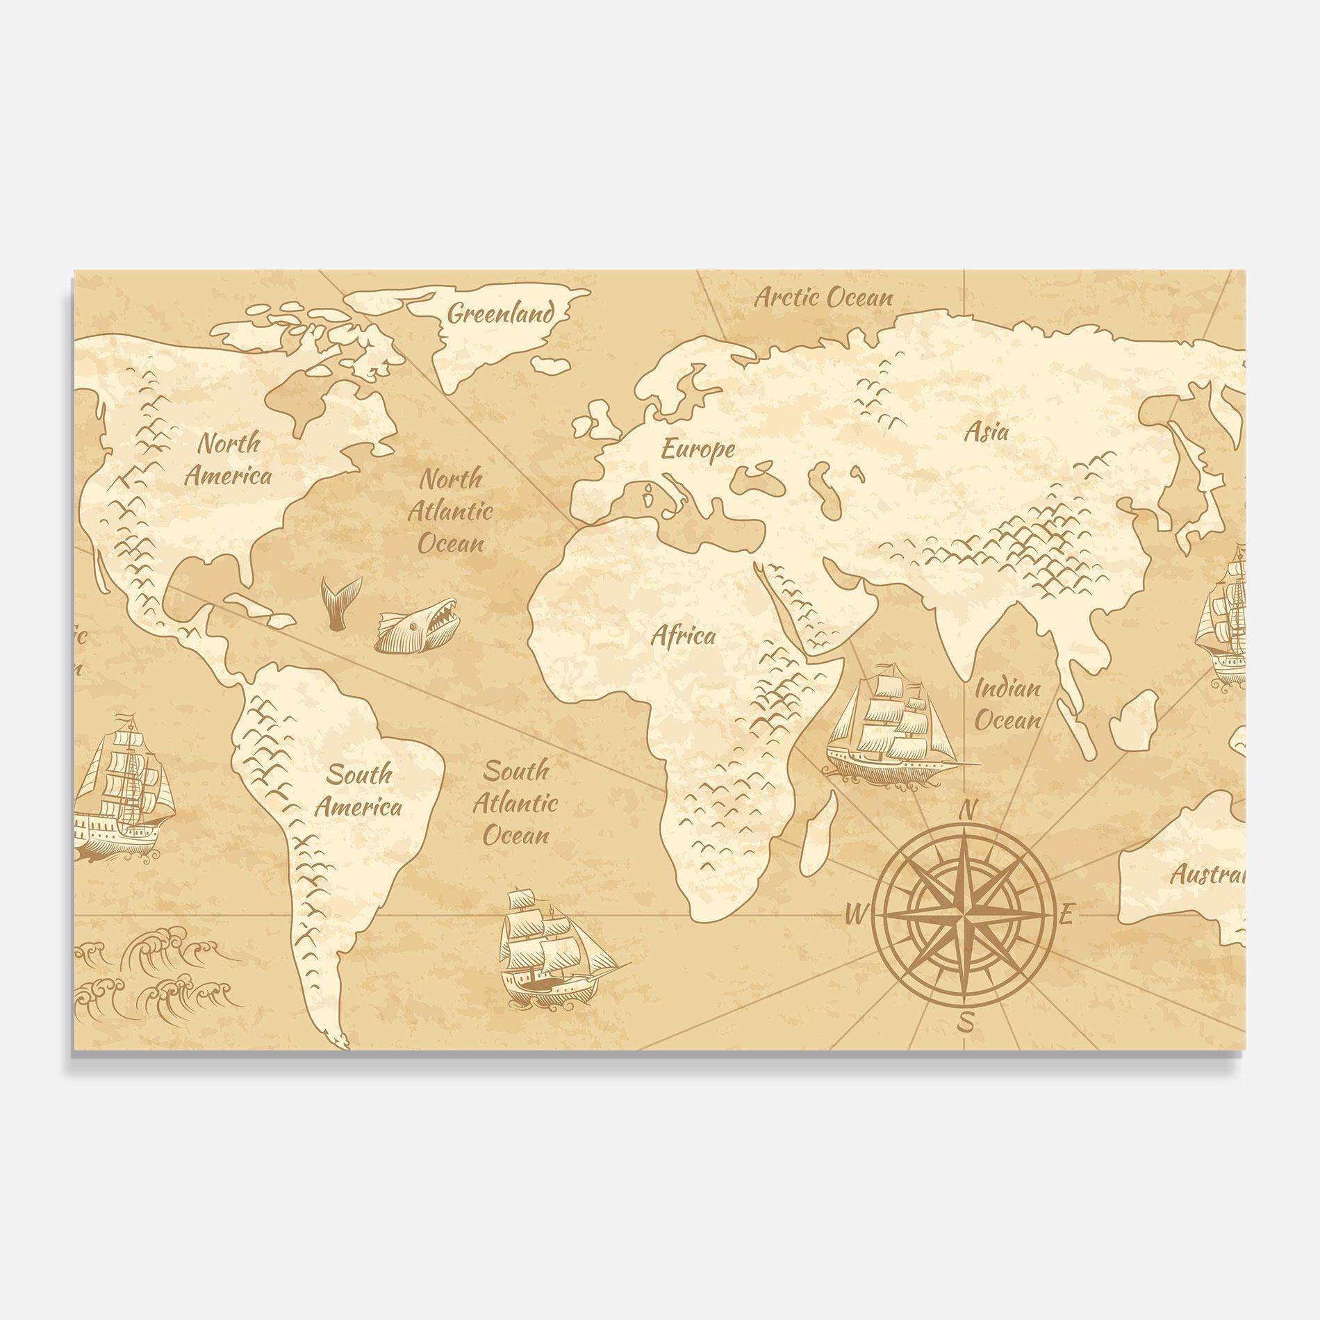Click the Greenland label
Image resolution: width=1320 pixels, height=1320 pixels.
coord(501,314)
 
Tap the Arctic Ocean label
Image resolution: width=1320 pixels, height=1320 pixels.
coord(824,298)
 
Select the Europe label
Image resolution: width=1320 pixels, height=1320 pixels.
coord(698,449)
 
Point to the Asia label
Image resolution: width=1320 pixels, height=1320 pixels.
coord(987,432)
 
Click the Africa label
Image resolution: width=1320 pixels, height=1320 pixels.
coord(683,636)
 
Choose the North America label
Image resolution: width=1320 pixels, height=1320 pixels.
coord(228,459)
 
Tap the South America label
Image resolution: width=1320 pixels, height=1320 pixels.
coord(358,790)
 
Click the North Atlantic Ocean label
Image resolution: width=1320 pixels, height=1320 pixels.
coord(450,511)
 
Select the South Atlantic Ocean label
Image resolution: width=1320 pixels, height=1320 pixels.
coord(515,802)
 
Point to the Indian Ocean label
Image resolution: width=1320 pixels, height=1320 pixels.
coord(1008,705)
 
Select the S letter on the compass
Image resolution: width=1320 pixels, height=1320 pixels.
coord(966,1023)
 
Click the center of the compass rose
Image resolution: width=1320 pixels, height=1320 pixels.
coord(964,916)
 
